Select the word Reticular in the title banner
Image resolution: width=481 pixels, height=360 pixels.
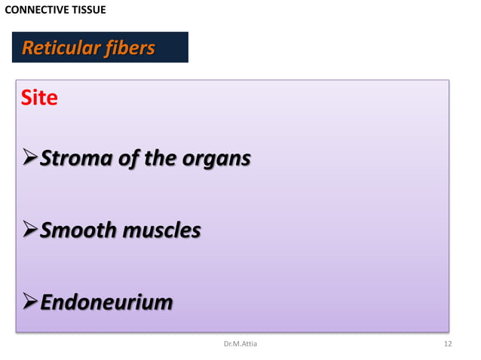click(x=58, y=48)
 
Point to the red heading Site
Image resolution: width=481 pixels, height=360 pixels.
click(x=39, y=98)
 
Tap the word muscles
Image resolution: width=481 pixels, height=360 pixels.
click(x=162, y=230)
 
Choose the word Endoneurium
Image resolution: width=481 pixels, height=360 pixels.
click(x=106, y=302)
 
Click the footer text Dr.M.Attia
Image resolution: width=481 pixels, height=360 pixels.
click(x=240, y=344)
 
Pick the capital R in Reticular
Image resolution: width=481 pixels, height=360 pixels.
click(x=28, y=48)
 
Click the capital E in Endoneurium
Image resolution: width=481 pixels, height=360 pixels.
click(x=47, y=302)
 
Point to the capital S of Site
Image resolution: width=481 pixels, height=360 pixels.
click(x=28, y=98)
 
